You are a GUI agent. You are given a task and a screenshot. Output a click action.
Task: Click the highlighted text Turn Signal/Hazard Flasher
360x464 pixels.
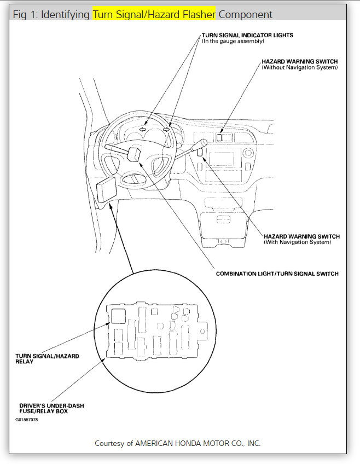click(154, 14)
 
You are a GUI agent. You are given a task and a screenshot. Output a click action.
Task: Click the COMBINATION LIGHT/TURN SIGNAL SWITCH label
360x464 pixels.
click(277, 274)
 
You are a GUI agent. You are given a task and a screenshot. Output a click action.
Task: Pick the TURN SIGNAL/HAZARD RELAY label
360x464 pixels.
click(47, 358)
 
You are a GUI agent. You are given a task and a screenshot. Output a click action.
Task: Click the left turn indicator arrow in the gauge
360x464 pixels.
click(142, 130)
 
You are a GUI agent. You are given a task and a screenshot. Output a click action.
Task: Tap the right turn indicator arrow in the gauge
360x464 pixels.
click(166, 130)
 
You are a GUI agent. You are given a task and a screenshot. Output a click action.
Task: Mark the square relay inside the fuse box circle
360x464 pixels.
click(118, 315)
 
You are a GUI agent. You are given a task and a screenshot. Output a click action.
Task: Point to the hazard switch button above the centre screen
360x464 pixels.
click(219, 137)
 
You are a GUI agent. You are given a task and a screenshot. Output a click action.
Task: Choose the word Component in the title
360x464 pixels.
click(246, 14)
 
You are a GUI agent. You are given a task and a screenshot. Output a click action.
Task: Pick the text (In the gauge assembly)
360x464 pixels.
click(233, 42)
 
